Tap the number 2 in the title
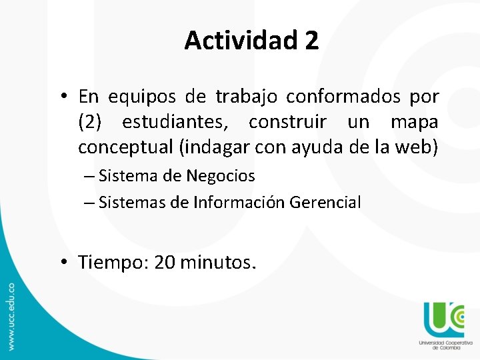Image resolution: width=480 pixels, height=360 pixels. [x=311, y=41]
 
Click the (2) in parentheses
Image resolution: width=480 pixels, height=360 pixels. [x=91, y=122]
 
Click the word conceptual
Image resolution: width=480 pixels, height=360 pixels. [x=123, y=147]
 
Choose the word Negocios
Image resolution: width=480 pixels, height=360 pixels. [x=221, y=176]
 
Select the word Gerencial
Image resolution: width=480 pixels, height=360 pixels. [x=325, y=202]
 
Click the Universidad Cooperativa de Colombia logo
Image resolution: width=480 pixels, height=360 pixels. [x=441, y=325]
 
